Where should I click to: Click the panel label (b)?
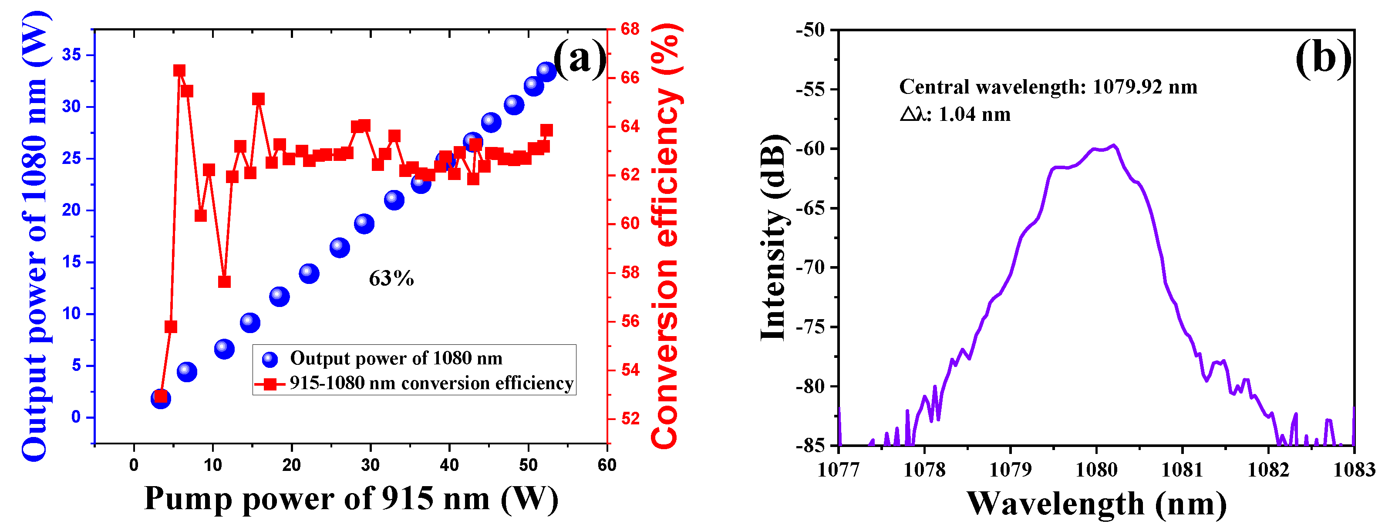1323,58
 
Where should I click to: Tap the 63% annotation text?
391,278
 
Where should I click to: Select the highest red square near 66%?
179,71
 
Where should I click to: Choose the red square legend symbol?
270,384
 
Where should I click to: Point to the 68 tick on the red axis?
630,29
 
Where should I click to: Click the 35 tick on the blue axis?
71,54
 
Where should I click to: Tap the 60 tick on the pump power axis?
607,465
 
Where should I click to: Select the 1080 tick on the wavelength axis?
1096,470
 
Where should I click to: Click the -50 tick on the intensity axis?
810,30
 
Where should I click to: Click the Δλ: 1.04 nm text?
955,114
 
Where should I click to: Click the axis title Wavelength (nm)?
1096,504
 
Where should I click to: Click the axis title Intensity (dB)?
773,237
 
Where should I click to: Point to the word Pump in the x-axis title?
188,499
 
